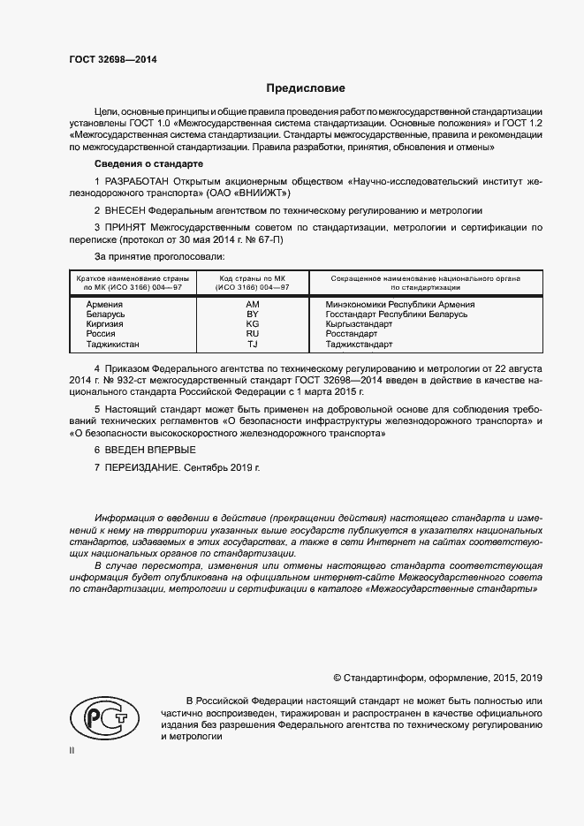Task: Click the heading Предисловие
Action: point(306,88)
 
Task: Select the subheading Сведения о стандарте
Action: point(148,165)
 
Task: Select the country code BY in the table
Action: point(252,314)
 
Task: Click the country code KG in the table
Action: point(252,324)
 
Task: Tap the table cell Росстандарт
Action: point(353,335)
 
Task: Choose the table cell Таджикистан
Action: point(112,345)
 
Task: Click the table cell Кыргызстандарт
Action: point(359,324)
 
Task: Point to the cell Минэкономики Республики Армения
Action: point(400,305)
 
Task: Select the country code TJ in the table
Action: point(252,345)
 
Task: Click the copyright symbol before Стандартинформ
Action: point(337,678)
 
